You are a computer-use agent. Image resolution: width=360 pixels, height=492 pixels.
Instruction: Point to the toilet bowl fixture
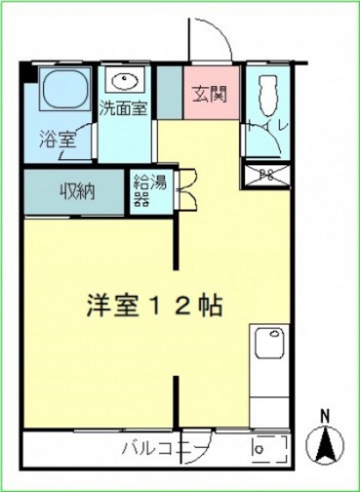pyautogui.click(x=267, y=95)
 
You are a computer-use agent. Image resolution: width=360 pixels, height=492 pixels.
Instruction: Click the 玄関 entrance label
pyautogui.click(x=212, y=92)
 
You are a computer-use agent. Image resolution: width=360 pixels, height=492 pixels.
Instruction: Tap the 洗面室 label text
pyautogui.click(x=123, y=110)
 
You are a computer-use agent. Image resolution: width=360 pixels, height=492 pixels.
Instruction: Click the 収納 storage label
pyautogui.click(x=77, y=191)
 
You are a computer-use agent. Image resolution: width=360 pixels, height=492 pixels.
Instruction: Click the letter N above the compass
pyautogui.click(x=324, y=416)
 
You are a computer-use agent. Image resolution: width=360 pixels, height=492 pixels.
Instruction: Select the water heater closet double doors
pyautogui.click(x=185, y=189)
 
